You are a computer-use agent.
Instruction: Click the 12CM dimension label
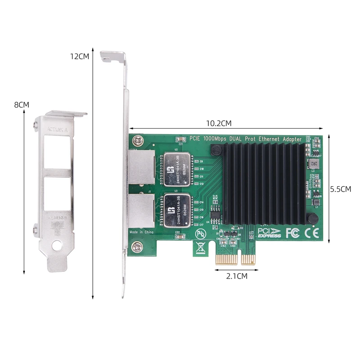pos(79,57)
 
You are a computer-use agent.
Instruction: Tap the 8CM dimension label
pos(22,104)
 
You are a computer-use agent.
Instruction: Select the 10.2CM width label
pos(219,123)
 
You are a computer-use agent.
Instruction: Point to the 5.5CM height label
pos(340,189)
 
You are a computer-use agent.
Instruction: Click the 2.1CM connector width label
pos(236,276)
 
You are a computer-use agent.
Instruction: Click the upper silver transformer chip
pos(178,170)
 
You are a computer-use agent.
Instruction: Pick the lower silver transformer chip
pos(178,210)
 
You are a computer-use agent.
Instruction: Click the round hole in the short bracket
pos(57,246)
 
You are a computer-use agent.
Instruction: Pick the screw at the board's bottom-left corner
pos(138,246)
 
